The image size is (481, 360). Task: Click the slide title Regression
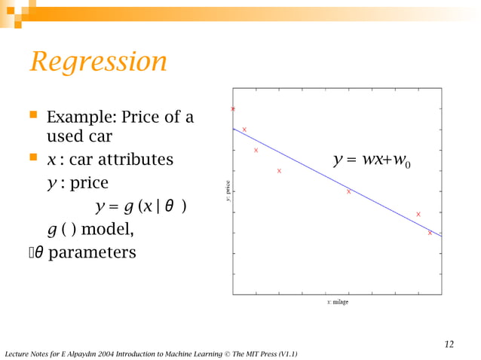98,62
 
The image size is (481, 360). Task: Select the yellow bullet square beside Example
33,117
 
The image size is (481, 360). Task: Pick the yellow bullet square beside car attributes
33,159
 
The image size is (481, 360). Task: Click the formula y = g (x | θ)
140,206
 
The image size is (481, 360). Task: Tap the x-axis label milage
337,302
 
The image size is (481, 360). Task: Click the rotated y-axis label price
227,191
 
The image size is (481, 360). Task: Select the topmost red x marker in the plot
233,109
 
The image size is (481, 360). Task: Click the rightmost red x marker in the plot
430,233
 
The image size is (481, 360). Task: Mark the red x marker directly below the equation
348,191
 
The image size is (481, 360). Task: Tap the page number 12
449,344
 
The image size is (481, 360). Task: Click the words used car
79,137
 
